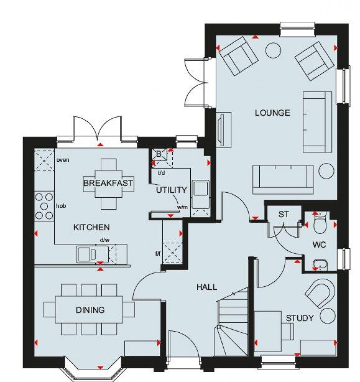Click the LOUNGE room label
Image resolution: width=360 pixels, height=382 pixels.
273,113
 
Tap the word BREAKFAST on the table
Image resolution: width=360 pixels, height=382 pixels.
108,183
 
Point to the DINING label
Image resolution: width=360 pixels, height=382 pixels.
90,310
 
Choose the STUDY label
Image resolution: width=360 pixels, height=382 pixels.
300,318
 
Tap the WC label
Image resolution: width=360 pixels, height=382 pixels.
319,244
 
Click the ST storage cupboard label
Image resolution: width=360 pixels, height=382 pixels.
283,215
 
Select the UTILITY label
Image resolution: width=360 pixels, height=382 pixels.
172,190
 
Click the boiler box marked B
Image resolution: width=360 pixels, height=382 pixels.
159,154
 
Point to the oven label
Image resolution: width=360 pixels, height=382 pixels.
63,160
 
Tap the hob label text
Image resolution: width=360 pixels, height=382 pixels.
61,207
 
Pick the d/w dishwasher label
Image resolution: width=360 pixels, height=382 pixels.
105,240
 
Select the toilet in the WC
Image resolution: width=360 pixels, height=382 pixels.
319,223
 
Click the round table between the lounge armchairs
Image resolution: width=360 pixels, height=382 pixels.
273,50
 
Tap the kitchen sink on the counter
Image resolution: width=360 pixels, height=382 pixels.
87,254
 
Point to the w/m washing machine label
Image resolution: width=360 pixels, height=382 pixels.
183,207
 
